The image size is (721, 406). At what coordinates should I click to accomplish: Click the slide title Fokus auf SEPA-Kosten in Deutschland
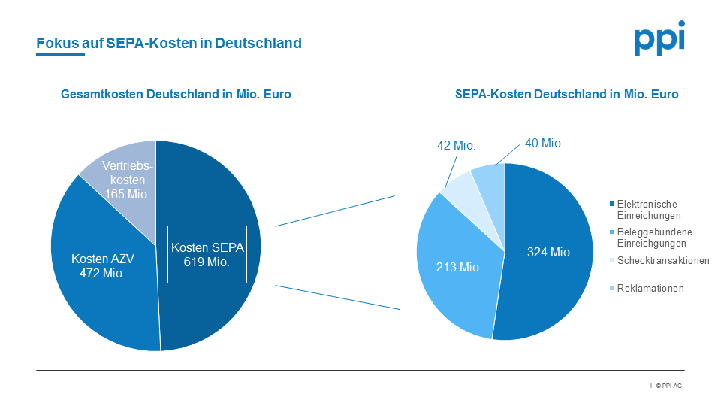(169, 43)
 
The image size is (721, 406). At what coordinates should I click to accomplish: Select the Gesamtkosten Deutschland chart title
(176, 95)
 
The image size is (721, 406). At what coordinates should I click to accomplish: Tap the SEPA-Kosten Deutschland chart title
(566, 95)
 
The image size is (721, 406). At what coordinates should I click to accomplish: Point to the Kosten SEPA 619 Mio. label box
(207, 255)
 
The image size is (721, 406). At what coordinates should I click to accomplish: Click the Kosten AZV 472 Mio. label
(102, 266)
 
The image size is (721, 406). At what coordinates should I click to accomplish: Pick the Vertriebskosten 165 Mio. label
(127, 180)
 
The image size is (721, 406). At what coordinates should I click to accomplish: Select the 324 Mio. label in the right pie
(550, 253)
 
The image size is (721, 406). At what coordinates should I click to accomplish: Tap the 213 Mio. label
(459, 267)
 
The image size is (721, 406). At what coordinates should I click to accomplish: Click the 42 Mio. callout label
(457, 146)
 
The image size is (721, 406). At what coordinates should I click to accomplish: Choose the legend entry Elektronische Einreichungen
(647, 210)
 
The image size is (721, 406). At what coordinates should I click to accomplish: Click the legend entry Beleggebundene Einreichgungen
(654, 238)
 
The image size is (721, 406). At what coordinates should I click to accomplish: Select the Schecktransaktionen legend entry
(662, 261)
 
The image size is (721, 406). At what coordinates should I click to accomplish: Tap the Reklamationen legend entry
(650, 288)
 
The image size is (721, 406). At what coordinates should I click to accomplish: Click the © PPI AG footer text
(668, 386)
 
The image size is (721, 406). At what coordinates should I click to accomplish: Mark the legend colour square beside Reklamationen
(611, 288)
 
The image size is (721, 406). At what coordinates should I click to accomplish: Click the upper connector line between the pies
(335, 211)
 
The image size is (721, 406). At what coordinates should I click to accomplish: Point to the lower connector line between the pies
(338, 297)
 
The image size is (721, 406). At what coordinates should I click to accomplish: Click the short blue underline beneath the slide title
(60, 55)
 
